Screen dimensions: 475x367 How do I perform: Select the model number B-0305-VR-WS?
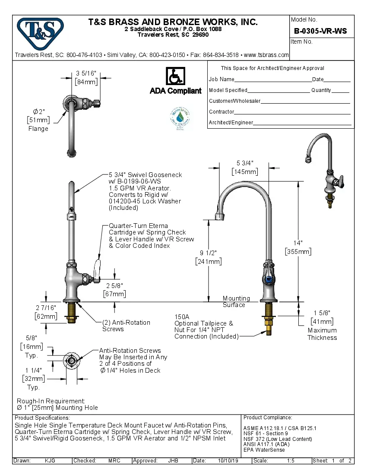(320, 31)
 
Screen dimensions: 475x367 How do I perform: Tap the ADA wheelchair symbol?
(175, 76)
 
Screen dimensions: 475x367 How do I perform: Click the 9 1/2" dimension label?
(209, 253)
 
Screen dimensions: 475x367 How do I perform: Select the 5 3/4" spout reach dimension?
(244, 163)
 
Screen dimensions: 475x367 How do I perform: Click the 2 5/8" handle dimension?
(115, 285)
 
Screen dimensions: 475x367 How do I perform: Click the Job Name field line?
(273, 80)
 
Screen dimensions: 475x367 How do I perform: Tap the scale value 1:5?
(291, 461)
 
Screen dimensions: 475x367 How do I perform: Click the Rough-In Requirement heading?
(51, 401)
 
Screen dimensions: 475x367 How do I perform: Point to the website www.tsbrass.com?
(266, 55)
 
